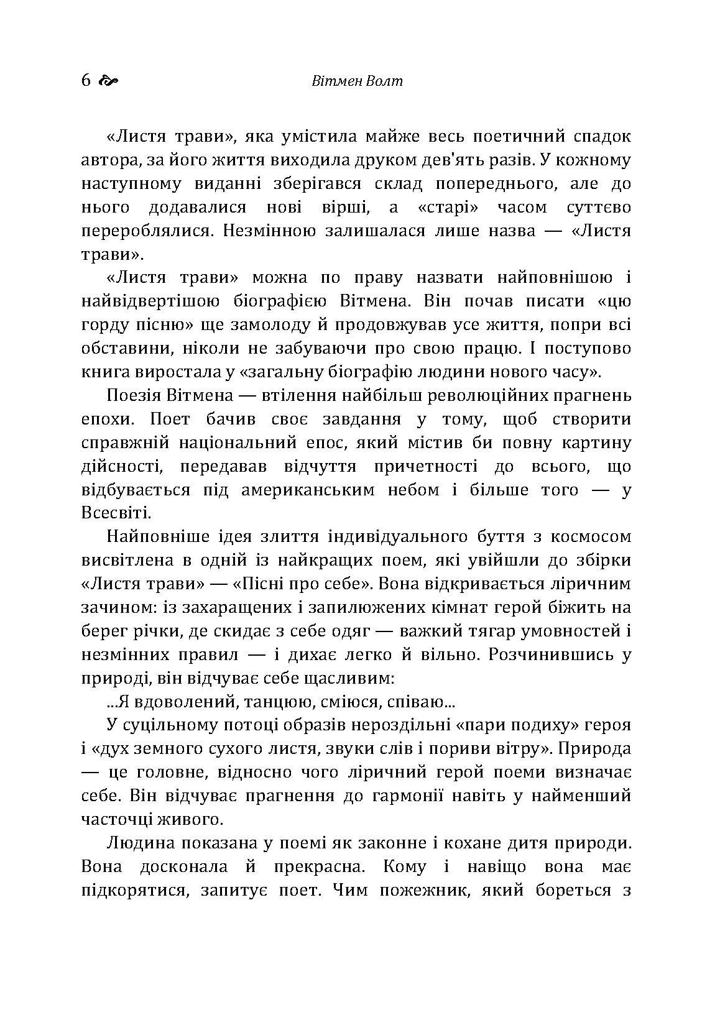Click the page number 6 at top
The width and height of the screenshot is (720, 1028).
[x=86, y=81]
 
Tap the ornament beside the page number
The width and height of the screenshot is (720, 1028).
[x=108, y=81]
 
